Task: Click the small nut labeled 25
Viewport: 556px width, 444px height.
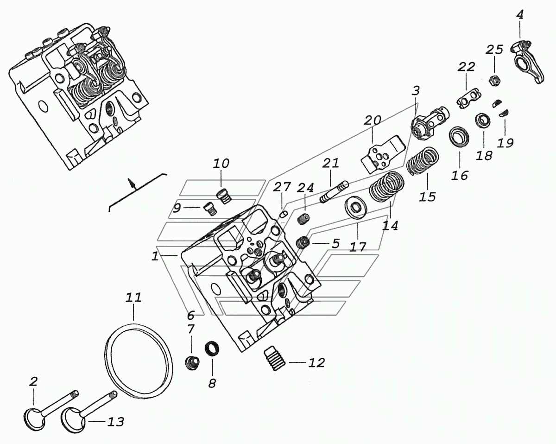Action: click(x=494, y=80)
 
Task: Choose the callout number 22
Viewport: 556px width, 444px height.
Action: click(x=467, y=67)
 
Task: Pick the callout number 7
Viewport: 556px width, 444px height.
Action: click(x=190, y=330)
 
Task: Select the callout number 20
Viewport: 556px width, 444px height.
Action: click(x=373, y=121)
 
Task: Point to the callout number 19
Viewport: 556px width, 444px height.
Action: click(x=505, y=143)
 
